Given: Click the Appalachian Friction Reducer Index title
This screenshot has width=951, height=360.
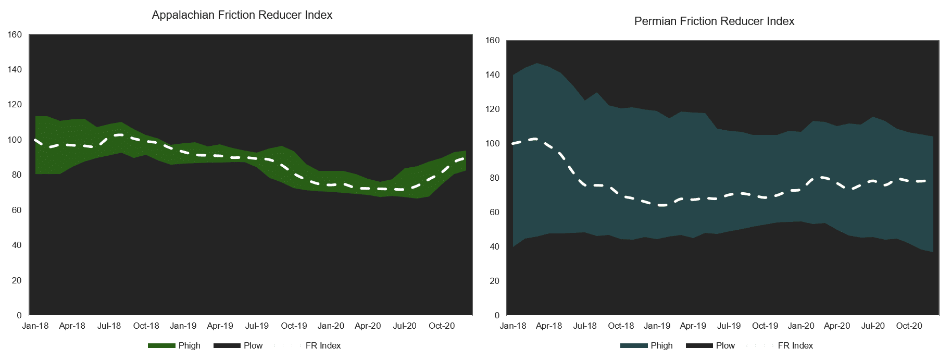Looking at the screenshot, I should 242,15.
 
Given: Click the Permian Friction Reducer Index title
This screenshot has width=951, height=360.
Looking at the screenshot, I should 714,21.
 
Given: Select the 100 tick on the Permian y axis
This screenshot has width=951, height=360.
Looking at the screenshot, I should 493,144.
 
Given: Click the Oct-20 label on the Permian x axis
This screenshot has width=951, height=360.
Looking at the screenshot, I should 909,326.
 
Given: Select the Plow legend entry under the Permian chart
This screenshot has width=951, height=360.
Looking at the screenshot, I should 725,345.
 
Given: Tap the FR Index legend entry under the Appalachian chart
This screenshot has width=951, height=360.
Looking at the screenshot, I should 323,345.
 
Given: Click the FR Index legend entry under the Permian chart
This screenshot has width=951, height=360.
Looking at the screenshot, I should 795,345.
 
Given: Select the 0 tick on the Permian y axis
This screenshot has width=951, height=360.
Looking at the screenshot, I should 497,316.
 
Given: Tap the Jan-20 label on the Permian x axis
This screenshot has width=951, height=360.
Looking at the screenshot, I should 801,326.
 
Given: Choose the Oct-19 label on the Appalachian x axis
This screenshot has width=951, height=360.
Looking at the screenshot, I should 294,326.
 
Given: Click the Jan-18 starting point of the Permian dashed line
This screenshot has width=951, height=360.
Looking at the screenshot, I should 513,143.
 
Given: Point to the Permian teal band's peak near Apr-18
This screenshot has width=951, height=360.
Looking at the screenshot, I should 537,64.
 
